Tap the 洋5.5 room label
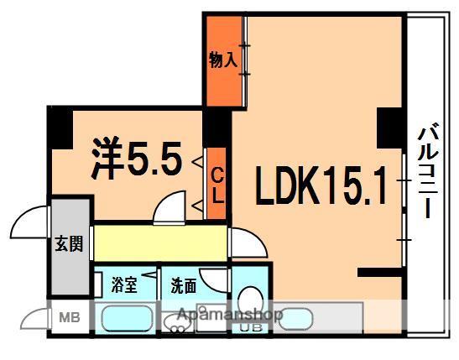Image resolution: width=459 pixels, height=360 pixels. [136, 158]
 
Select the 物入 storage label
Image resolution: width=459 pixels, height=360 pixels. [223, 60]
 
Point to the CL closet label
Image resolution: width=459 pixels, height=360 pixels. [215, 184]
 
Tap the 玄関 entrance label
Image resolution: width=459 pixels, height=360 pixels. [69, 245]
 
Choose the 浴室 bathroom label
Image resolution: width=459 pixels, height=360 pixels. [123, 285]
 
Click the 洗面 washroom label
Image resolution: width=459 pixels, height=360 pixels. [184, 285]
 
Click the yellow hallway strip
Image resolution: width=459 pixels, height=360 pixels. [159, 242]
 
